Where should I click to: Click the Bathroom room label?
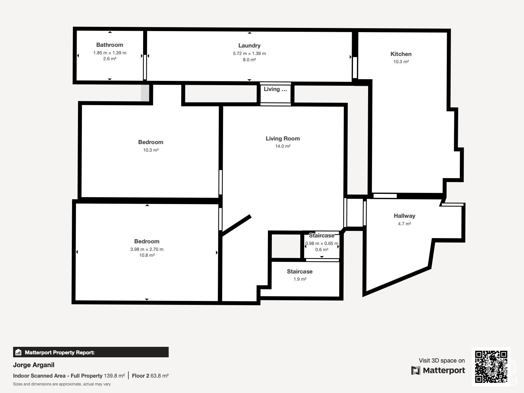[110, 45]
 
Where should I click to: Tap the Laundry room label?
[249, 46]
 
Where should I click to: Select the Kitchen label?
[401, 54]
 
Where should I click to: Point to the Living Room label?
[283, 139]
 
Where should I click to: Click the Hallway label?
[404, 216]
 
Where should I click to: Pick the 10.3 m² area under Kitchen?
[401, 62]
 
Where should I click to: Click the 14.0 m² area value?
[283, 146]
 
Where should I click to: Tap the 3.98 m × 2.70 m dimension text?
[147, 249]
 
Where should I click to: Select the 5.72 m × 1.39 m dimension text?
[249, 53]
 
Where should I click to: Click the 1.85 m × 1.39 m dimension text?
[110, 53]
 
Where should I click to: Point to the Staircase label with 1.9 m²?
[300, 271]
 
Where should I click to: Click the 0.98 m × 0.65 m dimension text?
[322, 243]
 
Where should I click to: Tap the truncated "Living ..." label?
[275, 89]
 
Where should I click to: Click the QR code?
[491, 366]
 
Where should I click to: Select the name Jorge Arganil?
[34, 365]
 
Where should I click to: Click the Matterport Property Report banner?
[91, 352]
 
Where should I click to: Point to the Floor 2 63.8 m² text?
[150, 376]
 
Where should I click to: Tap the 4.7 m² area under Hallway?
[404, 224]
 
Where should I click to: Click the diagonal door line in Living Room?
[236, 226]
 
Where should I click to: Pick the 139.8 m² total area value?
[114, 376]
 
